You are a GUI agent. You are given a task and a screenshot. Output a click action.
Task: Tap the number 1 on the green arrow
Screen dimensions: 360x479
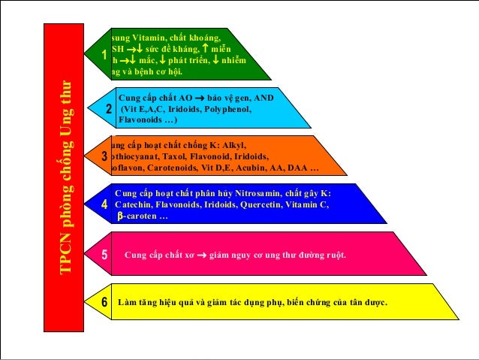[104, 55]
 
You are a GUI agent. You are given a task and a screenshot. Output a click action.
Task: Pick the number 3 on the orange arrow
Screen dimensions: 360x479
[104, 156]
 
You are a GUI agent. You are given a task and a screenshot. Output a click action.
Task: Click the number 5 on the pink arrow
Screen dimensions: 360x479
[104, 255]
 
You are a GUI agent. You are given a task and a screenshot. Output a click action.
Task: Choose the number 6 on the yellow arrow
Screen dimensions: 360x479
[104, 302]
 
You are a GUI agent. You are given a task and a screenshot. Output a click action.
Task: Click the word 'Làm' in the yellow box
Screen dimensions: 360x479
[129, 302]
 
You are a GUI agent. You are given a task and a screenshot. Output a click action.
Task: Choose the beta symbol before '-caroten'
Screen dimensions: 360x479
[119, 216]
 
